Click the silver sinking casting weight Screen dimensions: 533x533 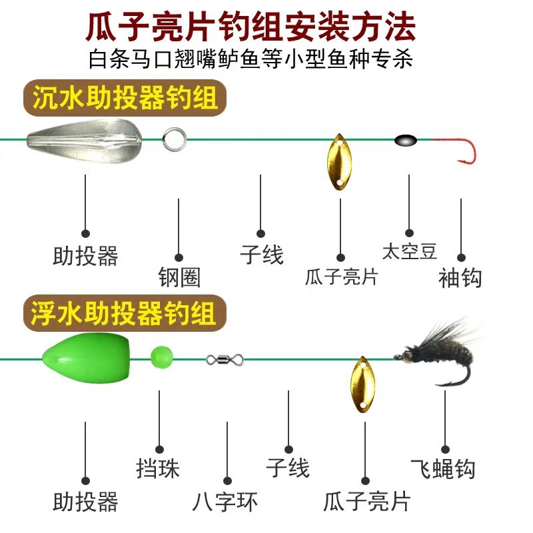(x=81, y=139)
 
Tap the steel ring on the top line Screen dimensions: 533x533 (x=173, y=139)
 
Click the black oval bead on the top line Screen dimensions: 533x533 (x=405, y=140)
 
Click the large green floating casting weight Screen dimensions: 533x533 (x=73, y=356)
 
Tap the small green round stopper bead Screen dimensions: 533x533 (x=161, y=355)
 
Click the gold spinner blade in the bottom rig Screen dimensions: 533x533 (x=360, y=383)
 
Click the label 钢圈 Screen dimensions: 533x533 (x=179, y=277)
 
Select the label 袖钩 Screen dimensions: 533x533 (x=460, y=277)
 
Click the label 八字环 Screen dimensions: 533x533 (x=227, y=501)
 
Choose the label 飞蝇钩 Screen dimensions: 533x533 (x=443, y=468)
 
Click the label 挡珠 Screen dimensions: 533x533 (x=159, y=468)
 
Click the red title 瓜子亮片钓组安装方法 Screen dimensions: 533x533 (x=251, y=27)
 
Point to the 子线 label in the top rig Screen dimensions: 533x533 (x=261, y=254)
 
